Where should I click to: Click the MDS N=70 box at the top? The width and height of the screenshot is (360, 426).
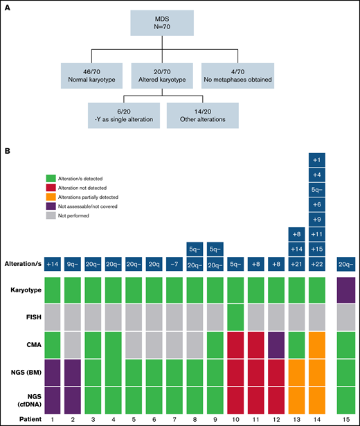point(179,22)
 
